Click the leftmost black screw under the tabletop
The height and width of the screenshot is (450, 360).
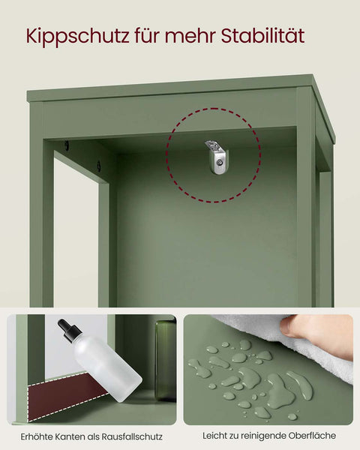(x=67, y=146)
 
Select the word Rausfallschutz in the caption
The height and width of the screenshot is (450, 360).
(x=134, y=436)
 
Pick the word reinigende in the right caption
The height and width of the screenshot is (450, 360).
(x=265, y=436)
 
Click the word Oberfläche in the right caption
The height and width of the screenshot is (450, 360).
(x=313, y=436)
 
